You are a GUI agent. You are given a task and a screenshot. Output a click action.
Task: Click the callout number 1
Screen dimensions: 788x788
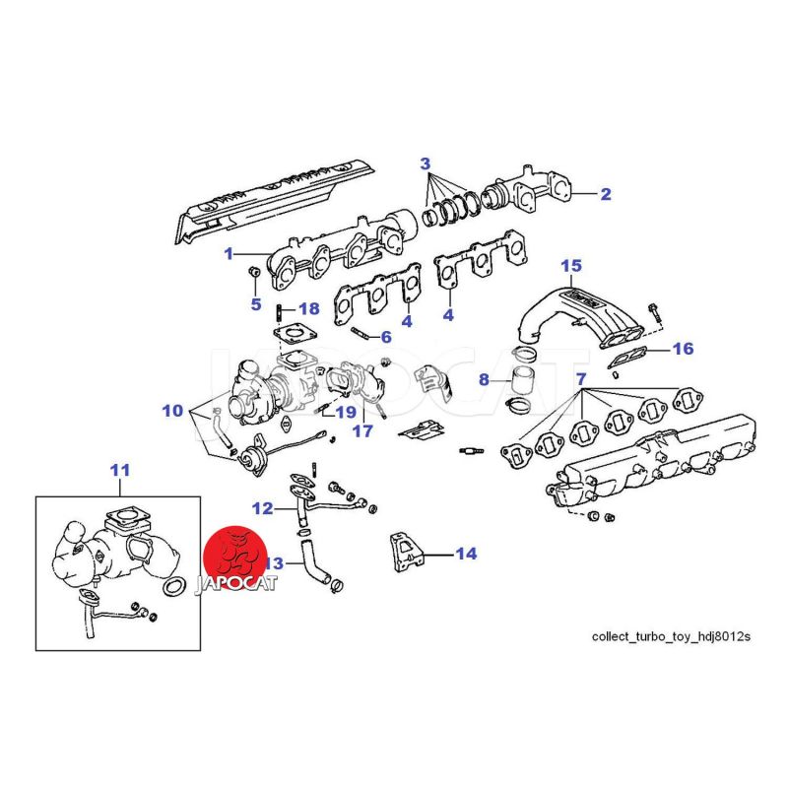click(229, 253)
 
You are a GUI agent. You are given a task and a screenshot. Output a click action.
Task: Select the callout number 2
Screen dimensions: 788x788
click(606, 194)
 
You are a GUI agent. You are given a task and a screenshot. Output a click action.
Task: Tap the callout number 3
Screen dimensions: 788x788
click(425, 162)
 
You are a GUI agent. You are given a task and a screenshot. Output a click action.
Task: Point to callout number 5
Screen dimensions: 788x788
click(255, 304)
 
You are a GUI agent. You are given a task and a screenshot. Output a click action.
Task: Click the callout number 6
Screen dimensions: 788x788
click(386, 337)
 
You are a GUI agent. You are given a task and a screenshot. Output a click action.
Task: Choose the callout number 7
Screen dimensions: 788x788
click(581, 379)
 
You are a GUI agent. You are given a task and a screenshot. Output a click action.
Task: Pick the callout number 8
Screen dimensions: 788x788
click(484, 379)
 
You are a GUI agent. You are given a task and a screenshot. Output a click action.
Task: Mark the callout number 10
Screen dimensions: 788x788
click(172, 410)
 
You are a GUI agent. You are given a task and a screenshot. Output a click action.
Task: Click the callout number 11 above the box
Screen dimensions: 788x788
click(119, 471)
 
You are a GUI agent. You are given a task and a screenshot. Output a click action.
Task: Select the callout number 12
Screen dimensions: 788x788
click(261, 509)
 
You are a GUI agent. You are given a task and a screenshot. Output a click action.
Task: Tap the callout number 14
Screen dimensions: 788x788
click(466, 554)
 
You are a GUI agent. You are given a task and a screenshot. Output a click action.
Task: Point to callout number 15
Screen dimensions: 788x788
click(572, 266)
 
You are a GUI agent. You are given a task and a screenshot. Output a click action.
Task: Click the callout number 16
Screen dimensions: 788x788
click(683, 349)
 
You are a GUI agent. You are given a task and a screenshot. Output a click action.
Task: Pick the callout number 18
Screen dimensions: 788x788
click(308, 309)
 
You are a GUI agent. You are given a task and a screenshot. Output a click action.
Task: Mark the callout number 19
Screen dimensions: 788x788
click(344, 411)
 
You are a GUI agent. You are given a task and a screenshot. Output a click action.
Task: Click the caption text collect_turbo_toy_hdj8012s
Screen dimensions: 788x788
click(670, 636)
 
